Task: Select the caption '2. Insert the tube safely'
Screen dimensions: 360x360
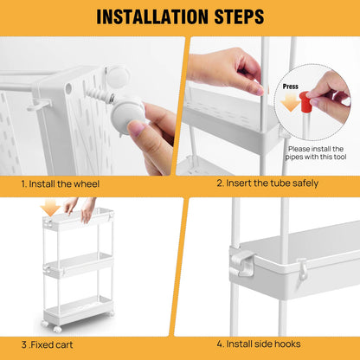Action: click(267, 183)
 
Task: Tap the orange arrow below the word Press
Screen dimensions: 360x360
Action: click(290, 103)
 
